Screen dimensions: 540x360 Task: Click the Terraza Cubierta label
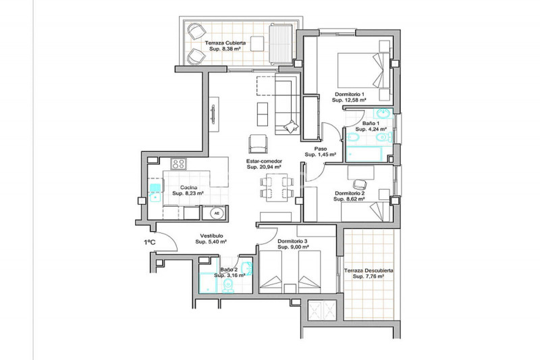225,43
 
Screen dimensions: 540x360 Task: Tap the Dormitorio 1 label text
350,94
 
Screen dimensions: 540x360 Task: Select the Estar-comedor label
264,161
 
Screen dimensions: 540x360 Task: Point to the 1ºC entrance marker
149,242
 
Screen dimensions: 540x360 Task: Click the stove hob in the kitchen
179,163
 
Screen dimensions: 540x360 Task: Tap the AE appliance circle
217,213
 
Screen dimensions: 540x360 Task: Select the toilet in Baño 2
228,285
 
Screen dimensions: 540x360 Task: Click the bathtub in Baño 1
364,154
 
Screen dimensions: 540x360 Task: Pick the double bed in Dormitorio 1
364,70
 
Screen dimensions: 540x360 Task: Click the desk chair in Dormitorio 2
360,184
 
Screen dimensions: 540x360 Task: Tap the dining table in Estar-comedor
277,187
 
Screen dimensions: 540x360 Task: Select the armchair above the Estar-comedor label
258,144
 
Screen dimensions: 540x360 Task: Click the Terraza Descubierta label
369,271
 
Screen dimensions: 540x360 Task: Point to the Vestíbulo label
211,236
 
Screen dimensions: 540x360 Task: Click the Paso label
321,149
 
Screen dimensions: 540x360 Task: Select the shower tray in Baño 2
208,283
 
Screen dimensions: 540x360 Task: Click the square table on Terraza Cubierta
257,44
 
